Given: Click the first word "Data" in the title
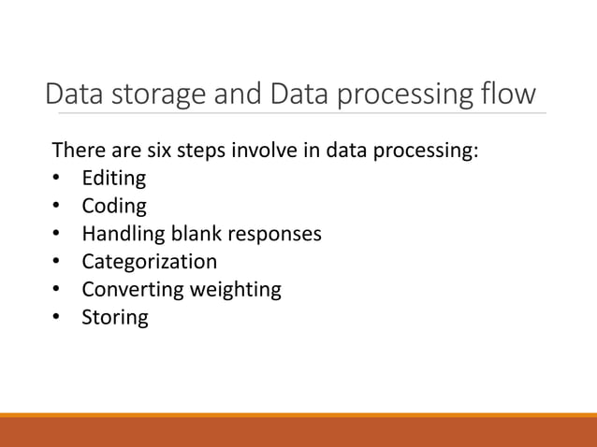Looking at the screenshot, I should tap(77, 94).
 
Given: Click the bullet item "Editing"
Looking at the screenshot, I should tap(113, 178).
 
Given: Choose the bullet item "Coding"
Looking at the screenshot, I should tap(113, 206).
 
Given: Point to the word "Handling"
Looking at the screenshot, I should tap(121, 233).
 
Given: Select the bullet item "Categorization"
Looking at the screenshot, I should tap(149, 261).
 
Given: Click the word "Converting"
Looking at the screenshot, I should tap(133, 289).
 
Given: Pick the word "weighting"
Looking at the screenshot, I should tap(235, 290).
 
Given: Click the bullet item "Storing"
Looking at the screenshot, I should tap(114, 317).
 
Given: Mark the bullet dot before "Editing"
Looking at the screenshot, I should tap(57, 178).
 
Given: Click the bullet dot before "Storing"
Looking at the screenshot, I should tap(57, 317).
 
